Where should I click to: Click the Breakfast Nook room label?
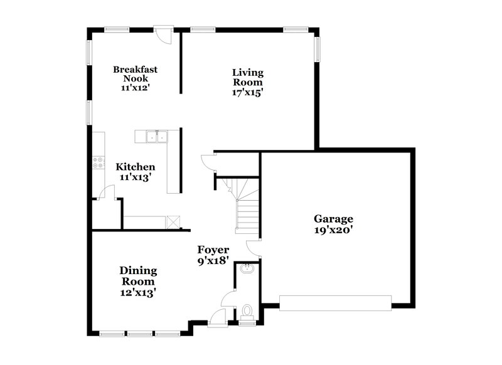pos(135,74)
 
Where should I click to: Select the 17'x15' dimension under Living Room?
pos(247,92)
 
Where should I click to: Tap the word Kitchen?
pos(136,167)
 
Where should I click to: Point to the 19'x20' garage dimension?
pos(334,230)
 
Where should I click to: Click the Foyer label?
pos(213,250)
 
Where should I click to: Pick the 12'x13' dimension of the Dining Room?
pos(138,292)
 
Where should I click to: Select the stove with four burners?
pos(99,163)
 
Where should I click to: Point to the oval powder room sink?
pos(247,270)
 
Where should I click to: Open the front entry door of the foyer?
pos(217,317)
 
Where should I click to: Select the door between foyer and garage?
pos(254,247)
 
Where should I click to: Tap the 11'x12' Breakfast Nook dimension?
pos(135,88)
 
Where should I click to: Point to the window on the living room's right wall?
pos(317,50)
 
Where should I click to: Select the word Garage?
pos(334,219)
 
